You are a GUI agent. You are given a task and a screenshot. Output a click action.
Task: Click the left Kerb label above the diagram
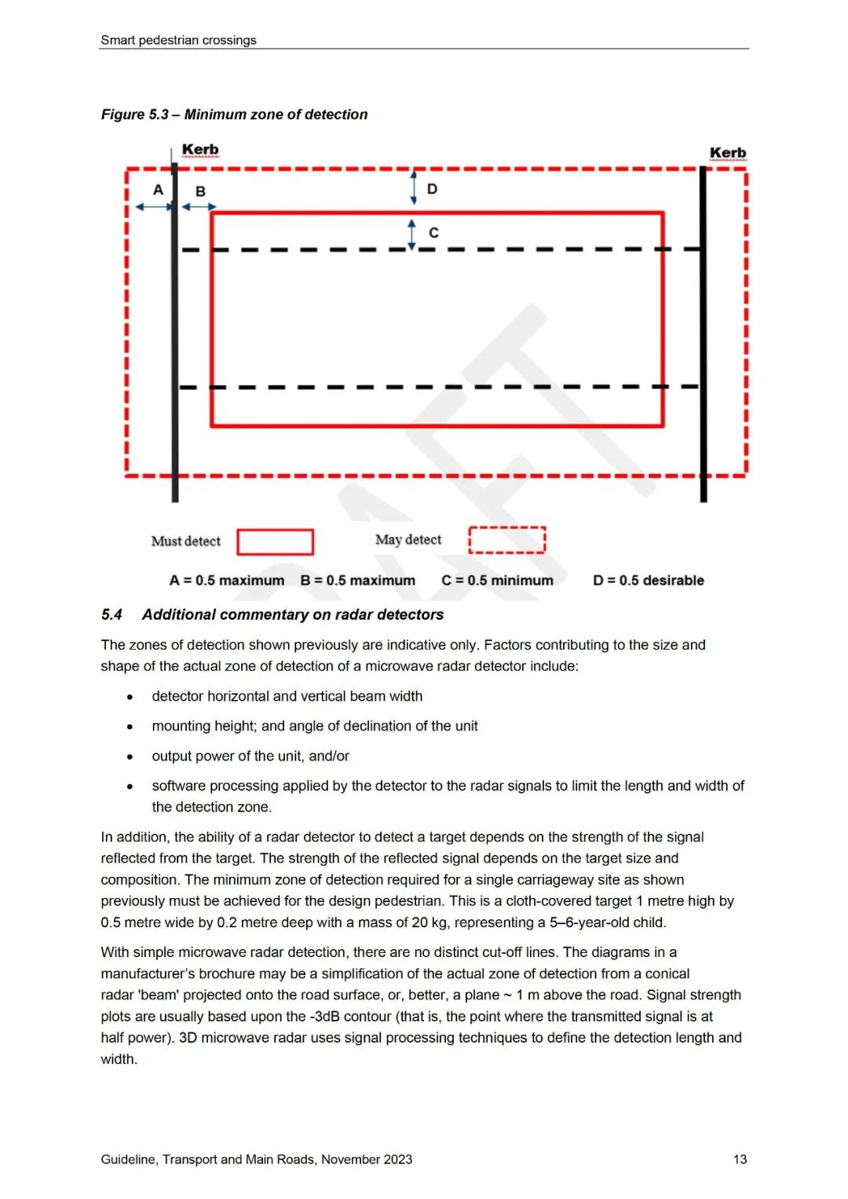coord(200,149)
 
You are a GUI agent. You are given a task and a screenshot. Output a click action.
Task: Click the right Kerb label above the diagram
coord(728,152)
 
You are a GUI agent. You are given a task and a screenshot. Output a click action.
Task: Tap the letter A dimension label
coord(158,189)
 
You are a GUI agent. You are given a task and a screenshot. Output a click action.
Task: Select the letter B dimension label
coord(200,191)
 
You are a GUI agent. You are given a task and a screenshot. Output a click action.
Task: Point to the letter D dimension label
coord(432,189)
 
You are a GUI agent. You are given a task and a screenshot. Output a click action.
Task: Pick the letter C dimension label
coord(433,233)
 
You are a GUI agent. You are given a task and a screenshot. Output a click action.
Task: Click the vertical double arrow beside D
coord(414,189)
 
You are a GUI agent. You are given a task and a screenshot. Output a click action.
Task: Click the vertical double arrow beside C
coord(411,234)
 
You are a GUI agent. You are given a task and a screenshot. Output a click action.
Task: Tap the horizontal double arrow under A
coord(154,207)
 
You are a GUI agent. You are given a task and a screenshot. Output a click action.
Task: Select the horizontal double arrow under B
coord(199,207)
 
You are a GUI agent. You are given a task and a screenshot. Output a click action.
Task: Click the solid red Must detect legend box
coord(276,541)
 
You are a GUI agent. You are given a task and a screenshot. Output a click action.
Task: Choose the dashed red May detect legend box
coord(506,540)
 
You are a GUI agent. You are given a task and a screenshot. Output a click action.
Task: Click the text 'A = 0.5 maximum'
coord(226,581)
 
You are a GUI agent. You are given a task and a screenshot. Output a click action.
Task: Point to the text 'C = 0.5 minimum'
coord(497,581)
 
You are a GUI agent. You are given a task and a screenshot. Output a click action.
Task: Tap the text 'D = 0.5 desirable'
coord(649,581)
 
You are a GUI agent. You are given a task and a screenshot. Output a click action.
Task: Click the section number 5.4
coord(111,614)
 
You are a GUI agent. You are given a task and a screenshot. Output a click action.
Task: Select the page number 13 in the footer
coord(740,1159)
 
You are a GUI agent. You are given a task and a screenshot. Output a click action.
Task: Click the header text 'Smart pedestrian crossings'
coord(178,40)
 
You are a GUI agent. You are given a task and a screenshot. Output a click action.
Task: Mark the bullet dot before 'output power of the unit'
coord(130,757)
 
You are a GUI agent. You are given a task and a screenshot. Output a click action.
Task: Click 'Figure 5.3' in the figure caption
coord(134,115)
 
